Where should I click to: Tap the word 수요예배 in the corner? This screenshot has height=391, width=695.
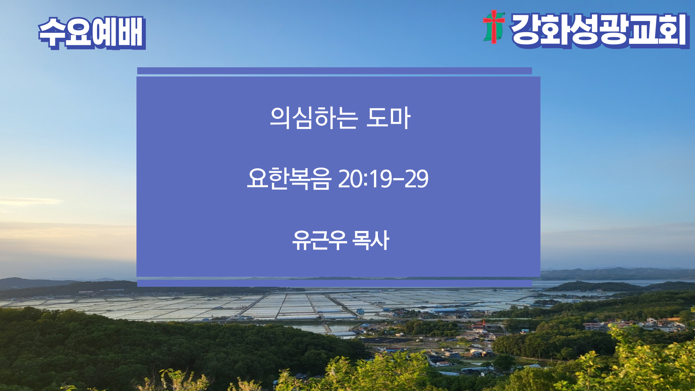pos(92,33)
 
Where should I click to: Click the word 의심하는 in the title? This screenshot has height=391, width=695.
pos(314,118)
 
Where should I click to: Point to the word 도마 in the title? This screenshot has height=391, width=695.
pos(388,118)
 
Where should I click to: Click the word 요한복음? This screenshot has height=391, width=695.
pos(289,179)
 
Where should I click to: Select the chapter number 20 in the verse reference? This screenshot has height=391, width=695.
pos(350,179)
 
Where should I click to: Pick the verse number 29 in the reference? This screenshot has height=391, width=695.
pos(416,179)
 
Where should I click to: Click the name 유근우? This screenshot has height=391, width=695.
pos(320,240)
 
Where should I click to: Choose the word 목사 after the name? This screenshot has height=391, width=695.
pos(371,240)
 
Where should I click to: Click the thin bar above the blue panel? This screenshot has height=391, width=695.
pos(334,71)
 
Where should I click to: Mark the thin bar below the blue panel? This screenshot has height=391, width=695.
pos(334,283)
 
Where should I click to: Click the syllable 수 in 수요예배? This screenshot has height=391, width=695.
pos(52,33)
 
